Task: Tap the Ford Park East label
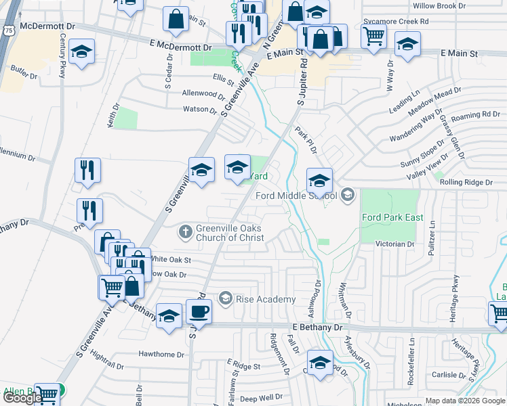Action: (x=392, y=217)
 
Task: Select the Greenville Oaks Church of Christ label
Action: (x=229, y=233)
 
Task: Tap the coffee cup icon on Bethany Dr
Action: (x=199, y=312)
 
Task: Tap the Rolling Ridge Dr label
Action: (x=466, y=182)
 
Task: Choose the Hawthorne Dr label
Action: (x=161, y=354)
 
